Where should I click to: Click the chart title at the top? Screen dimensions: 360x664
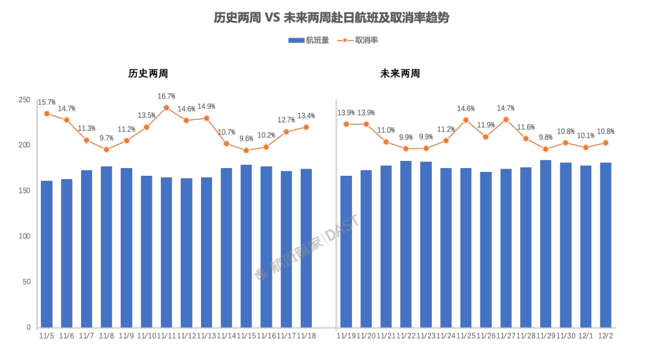331,18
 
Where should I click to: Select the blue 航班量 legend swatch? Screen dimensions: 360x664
296,40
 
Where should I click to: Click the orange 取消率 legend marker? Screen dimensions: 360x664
345,40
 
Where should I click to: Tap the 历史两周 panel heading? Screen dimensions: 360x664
143,74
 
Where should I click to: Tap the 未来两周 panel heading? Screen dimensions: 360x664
399,74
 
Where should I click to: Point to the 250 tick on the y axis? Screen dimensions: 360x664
25,99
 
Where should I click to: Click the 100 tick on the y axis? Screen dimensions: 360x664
25,236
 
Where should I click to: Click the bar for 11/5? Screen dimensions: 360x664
47,254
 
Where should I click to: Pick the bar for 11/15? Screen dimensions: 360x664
246,246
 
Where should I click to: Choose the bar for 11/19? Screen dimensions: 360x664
346,251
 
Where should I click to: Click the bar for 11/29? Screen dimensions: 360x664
546,243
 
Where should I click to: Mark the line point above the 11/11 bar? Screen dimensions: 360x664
167,108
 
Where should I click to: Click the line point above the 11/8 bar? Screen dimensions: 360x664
107,149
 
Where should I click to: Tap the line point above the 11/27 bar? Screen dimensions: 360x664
506,120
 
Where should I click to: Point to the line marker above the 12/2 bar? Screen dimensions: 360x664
606,143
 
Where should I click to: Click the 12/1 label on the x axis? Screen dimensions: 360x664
586,335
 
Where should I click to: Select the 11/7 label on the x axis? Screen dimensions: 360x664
87,335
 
